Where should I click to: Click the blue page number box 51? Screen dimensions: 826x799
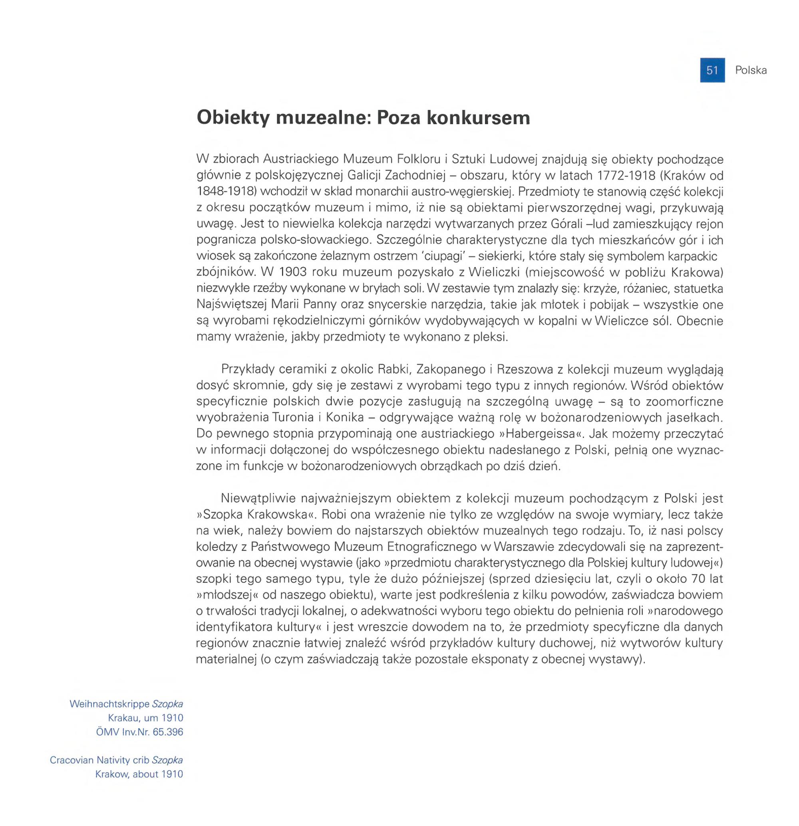(x=712, y=70)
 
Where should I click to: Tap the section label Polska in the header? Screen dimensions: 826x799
(x=751, y=70)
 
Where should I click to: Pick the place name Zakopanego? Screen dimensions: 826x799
(x=450, y=369)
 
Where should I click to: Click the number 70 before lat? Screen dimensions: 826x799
(x=699, y=579)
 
